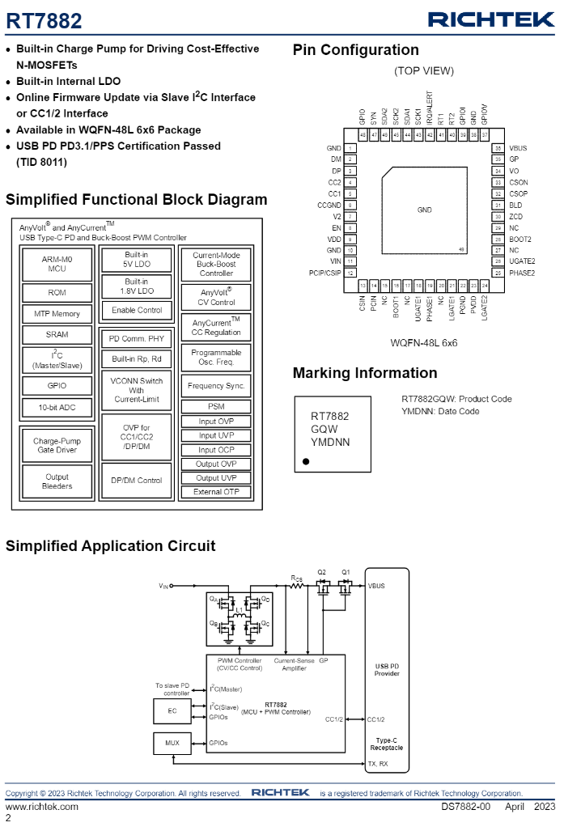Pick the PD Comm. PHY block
136,338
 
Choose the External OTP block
216,492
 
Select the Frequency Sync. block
216,386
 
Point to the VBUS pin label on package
518,148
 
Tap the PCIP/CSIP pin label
325,273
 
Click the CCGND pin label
329,206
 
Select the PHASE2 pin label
522,273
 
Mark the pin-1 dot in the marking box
306,461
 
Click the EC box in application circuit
172,710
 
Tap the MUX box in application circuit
172,743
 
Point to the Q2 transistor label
322,571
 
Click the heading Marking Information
364,373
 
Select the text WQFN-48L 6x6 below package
424,342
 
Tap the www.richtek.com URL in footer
42,807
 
